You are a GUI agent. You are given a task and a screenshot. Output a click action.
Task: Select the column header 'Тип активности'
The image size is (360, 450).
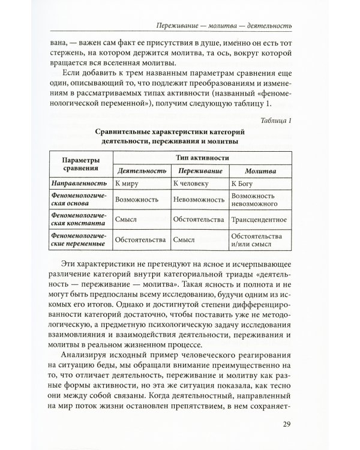point(200,156)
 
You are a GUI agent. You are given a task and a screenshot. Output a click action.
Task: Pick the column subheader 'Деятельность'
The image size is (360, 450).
point(141,170)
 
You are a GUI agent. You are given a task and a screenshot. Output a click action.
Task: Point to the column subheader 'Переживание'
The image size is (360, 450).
point(199,170)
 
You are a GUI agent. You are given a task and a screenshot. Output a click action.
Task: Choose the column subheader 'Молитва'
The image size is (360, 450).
point(259,170)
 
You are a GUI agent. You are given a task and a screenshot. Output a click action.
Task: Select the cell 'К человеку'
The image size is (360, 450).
point(193,183)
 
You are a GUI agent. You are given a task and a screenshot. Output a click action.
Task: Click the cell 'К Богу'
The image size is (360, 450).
point(245,183)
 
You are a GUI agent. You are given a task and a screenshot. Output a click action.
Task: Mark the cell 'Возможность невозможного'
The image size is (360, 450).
point(256,199)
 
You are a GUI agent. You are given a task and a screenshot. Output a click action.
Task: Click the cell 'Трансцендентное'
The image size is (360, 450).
point(260,220)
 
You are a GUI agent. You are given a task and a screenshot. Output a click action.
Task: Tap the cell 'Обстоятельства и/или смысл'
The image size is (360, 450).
point(256,241)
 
